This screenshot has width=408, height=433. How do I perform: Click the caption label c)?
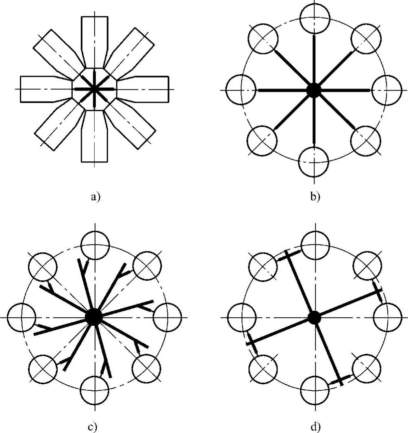coord(95,427)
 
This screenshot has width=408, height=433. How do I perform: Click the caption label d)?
coord(314,427)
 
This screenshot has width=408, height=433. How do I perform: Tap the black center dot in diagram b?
coord(313,90)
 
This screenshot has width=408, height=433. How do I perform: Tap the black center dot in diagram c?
coord(94,317)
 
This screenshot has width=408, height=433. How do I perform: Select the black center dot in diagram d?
coord(313,317)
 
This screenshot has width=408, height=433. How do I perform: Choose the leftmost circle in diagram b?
coord(241,89)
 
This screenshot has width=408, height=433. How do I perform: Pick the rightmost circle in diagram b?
coord(386,89)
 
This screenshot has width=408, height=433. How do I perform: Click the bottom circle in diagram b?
coord(313,161)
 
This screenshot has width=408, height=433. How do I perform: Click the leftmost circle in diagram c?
coord(22,317)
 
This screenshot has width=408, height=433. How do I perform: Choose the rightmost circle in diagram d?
coord(386,317)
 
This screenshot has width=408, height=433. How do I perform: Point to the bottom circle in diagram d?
coord(313,390)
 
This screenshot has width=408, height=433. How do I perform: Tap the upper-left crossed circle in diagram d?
coord(262,266)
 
